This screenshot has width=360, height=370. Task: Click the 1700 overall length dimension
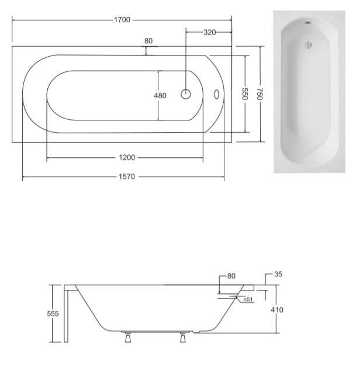tap(122, 20)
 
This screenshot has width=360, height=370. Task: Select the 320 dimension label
tap(209, 32)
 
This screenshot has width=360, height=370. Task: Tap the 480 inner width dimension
tap(160, 95)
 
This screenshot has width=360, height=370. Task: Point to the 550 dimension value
tap(245, 94)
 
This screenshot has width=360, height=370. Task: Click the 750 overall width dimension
tap(259, 94)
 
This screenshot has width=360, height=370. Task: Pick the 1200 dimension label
tap(127, 157)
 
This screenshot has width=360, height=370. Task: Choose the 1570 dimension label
tap(127, 177)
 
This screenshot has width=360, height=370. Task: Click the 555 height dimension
tap(53, 314)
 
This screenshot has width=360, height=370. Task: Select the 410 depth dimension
tap(277, 310)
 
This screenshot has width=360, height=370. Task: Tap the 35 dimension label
tap(278, 274)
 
